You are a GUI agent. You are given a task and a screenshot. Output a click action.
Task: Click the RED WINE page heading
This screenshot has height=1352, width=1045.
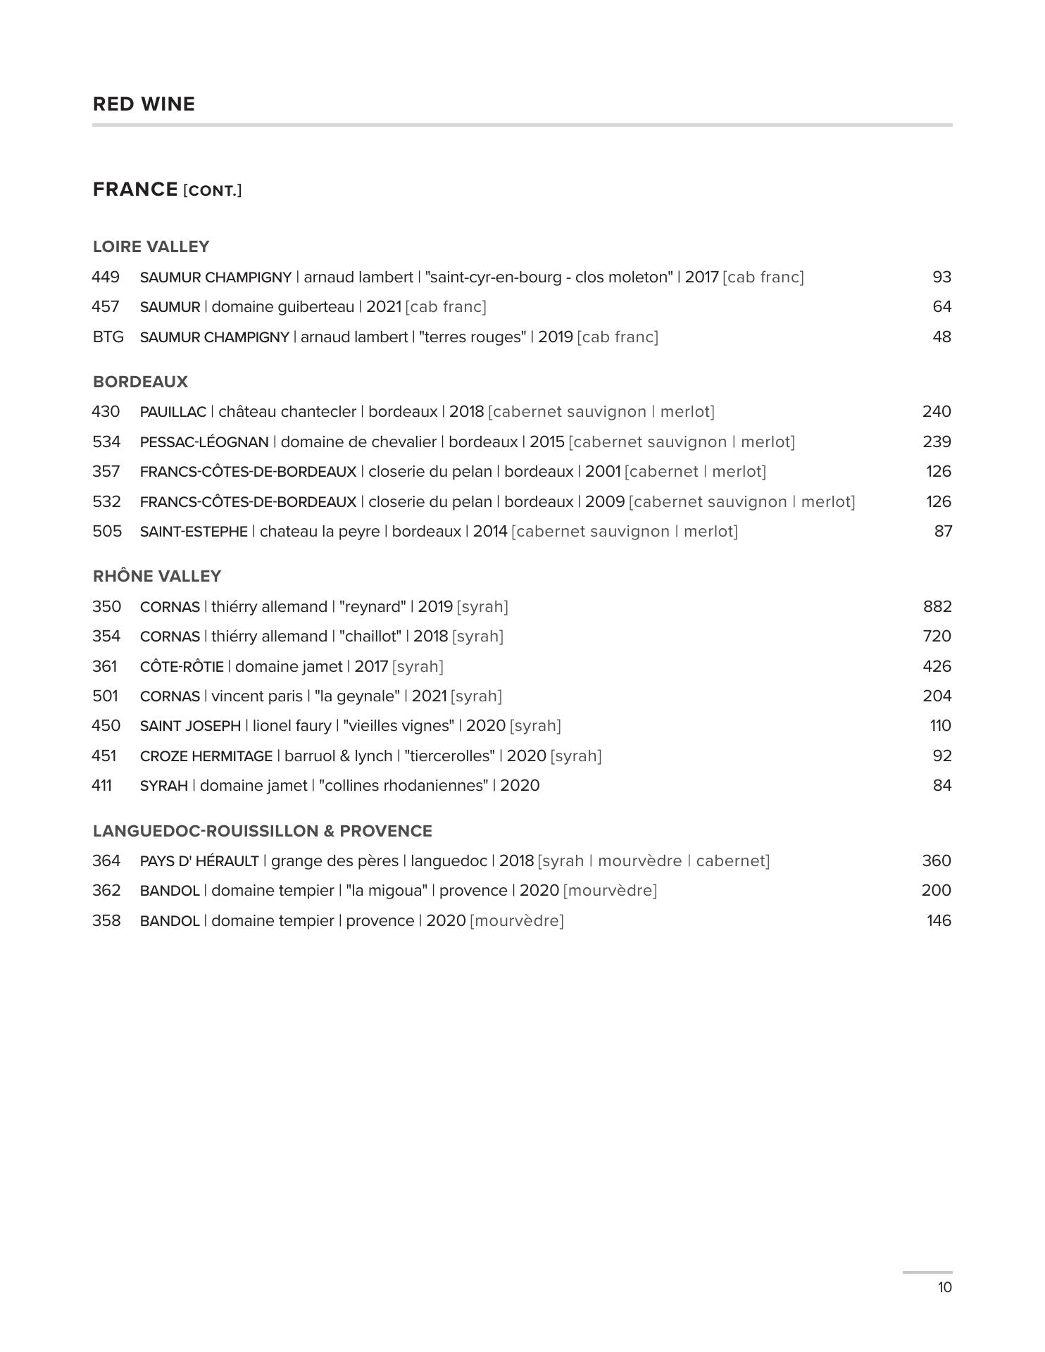144,104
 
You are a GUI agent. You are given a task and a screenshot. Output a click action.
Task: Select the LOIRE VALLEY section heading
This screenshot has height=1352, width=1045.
151,246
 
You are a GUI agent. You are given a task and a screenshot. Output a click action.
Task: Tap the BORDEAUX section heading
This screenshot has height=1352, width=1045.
140,382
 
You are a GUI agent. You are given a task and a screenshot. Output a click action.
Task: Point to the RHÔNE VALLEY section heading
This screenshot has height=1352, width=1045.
157,576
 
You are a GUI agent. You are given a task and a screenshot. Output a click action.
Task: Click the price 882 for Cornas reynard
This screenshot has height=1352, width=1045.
937,606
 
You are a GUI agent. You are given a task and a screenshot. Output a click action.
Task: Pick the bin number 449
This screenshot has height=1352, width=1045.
106,277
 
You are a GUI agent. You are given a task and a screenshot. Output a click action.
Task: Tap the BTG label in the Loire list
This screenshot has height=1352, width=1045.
108,337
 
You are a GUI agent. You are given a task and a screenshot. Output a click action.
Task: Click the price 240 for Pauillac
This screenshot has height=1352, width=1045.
937,411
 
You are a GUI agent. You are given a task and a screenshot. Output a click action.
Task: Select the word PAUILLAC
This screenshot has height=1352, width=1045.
173,412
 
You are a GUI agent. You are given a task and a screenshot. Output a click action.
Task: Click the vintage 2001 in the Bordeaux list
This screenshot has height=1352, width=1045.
602,471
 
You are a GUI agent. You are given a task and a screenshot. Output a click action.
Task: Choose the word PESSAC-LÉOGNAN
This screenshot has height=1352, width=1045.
204,442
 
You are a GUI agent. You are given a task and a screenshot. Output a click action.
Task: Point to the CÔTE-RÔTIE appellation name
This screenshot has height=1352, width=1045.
182,667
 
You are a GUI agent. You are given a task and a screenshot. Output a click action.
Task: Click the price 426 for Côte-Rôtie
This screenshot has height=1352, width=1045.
937,666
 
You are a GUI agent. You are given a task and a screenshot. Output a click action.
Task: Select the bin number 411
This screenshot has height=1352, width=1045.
102,785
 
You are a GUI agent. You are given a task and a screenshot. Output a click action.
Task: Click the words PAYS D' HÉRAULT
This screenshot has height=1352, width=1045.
199,861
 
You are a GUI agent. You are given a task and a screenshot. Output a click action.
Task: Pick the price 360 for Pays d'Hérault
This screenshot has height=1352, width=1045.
937,860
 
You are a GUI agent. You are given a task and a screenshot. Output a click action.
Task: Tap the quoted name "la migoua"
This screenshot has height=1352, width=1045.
387,890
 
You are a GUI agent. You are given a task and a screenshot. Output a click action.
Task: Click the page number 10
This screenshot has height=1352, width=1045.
944,1287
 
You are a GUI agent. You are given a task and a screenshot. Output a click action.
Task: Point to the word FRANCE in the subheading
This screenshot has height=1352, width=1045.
135,189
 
